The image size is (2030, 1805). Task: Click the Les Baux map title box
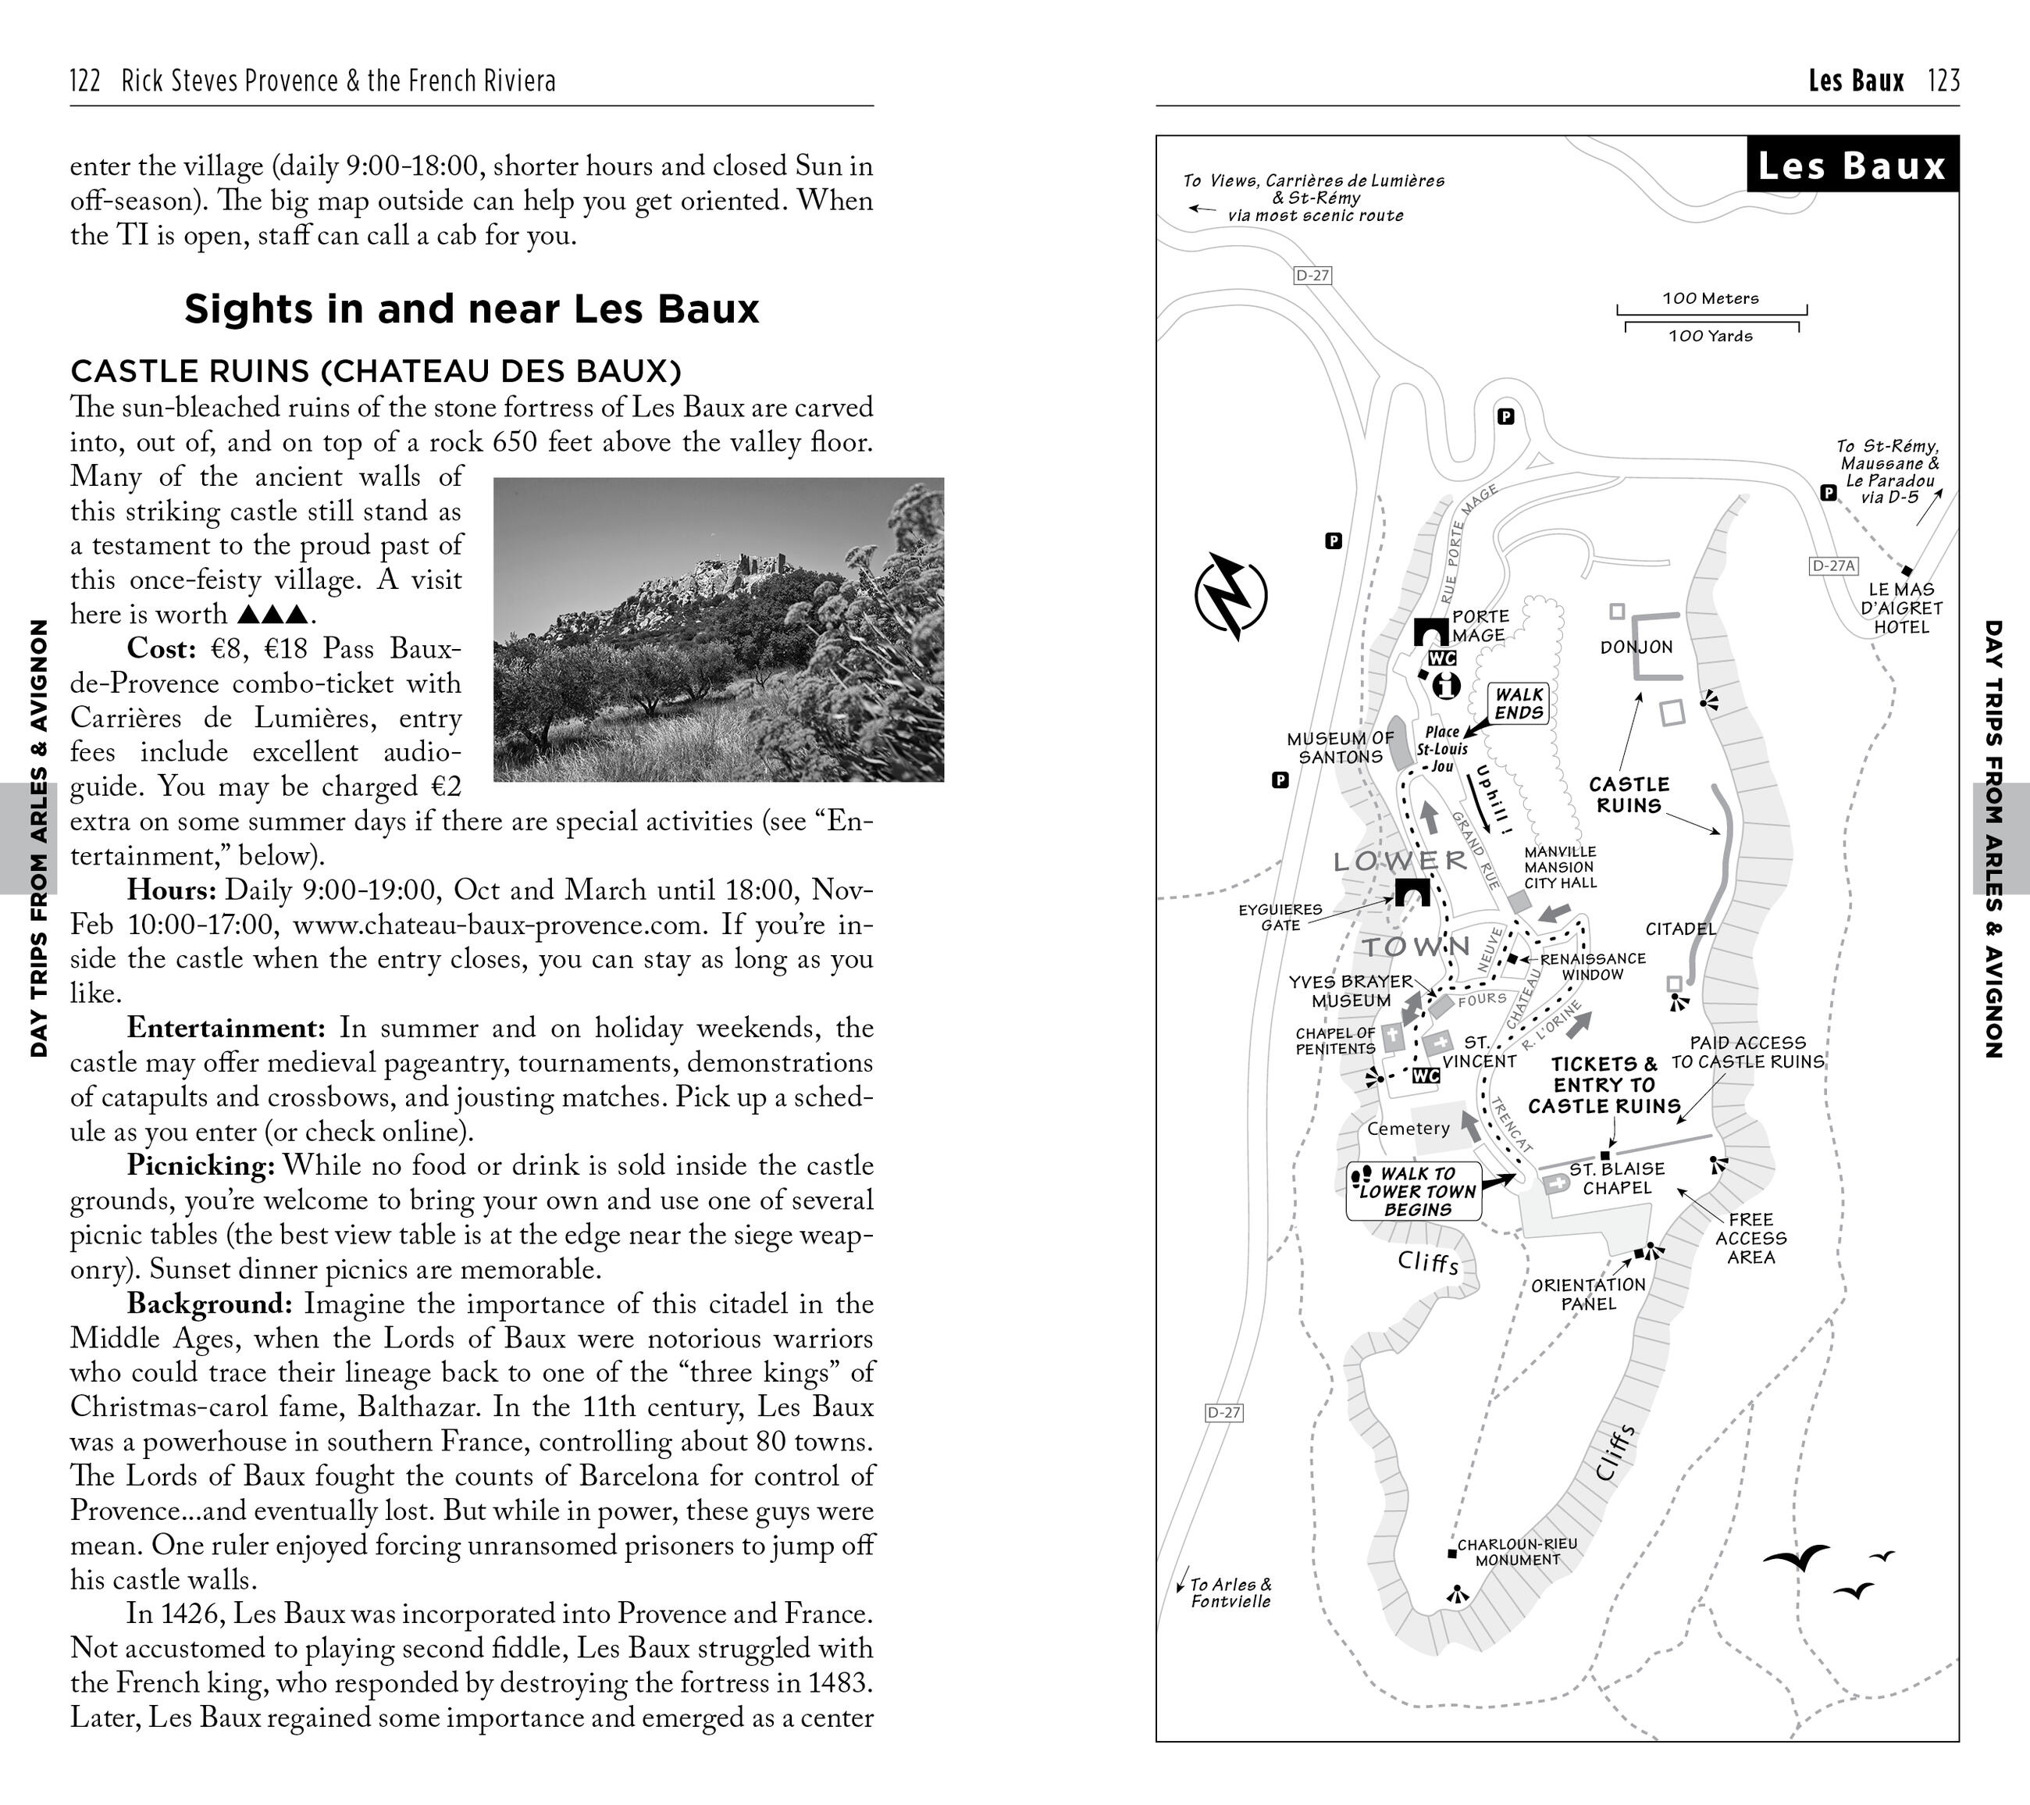coord(1851,165)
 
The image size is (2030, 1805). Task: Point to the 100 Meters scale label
coord(1710,298)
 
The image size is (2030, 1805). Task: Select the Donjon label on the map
coord(1636,647)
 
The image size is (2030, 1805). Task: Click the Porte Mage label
coord(1480,626)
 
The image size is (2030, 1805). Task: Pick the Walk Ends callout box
coord(1519,703)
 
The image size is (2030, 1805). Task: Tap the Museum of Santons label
coord(1340,747)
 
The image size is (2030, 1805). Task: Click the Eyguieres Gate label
coord(1280,917)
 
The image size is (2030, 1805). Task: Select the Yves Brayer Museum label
coord(1350,990)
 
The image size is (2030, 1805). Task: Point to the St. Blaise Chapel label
coord(1616,1178)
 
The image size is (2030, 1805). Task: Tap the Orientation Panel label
coord(1588,1293)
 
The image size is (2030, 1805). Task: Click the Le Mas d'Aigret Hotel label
coord(1901,608)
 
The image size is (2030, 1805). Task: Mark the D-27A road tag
coord(1832,566)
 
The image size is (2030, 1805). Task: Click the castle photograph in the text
coord(718,629)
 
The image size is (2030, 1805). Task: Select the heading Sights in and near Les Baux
coord(472,309)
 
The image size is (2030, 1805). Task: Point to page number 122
coord(85,80)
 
